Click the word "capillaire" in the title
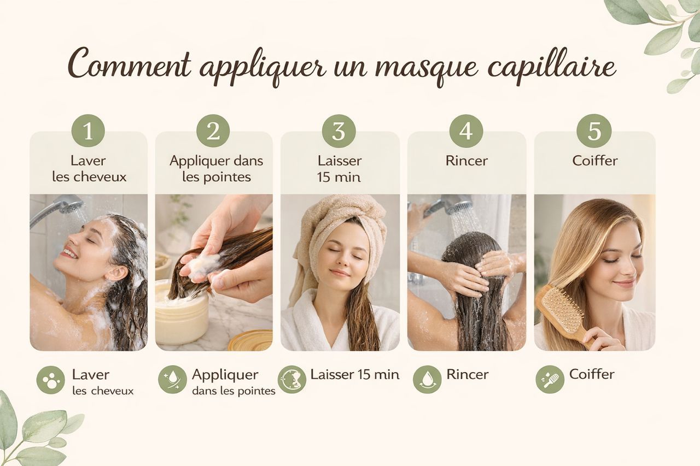[552, 67]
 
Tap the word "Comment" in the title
[129, 63]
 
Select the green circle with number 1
[88, 131]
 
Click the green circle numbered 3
[339, 131]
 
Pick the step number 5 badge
[594, 131]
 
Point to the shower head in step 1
[71, 204]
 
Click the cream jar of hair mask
[181, 312]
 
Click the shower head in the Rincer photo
[459, 204]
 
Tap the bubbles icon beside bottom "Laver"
[51, 380]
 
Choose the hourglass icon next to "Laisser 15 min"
[292, 380]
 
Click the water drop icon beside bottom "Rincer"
[427, 380]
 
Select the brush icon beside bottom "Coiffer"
[550, 380]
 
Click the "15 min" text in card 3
[339, 178]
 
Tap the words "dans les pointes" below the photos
[234, 391]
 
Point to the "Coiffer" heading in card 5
[594, 161]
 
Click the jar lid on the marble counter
[250, 340]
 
